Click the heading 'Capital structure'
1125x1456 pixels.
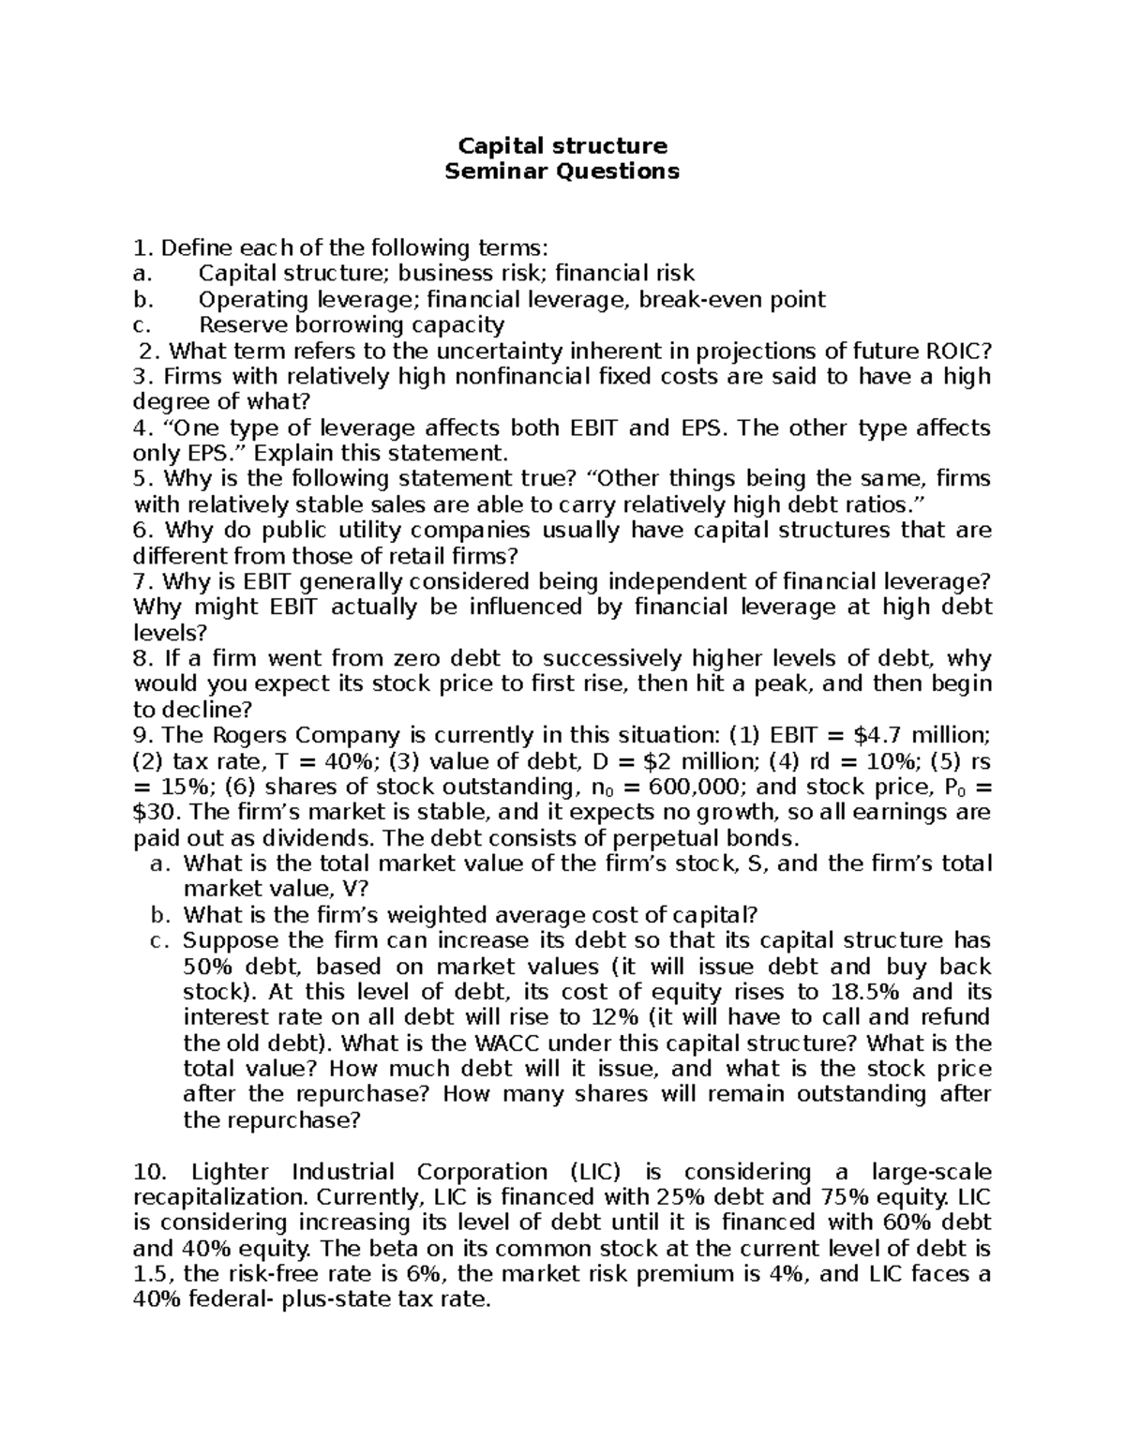(x=562, y=146)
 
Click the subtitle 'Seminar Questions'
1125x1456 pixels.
(x=562, y=172)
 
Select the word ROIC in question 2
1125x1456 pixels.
(x=955, y=352)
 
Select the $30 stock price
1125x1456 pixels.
(x=158, y=812)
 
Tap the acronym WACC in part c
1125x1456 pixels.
(x=517, y=1043)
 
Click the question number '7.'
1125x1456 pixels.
(x=144, y=582)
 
